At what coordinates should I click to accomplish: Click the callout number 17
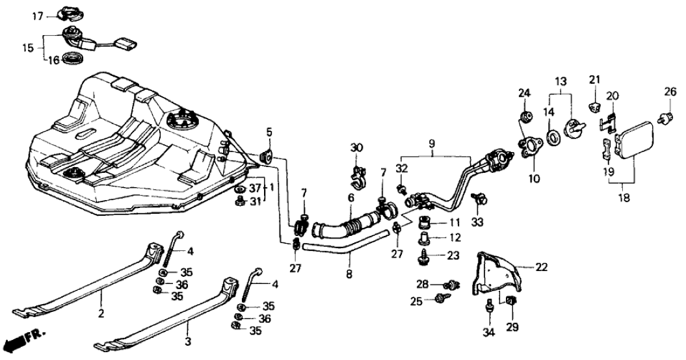click(38, 17)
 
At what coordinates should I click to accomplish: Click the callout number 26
click(669, 92)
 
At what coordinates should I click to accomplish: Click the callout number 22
click(541, 267)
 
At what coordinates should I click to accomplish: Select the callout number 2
click(101, 313)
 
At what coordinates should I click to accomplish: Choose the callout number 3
click(188, 341)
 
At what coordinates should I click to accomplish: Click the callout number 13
click(561, 81)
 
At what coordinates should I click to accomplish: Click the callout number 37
click(255, 188)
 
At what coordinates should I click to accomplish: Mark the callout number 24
click(524, 93)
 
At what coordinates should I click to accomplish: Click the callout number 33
click(477, 222)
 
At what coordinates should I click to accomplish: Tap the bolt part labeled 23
click(423, 256)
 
